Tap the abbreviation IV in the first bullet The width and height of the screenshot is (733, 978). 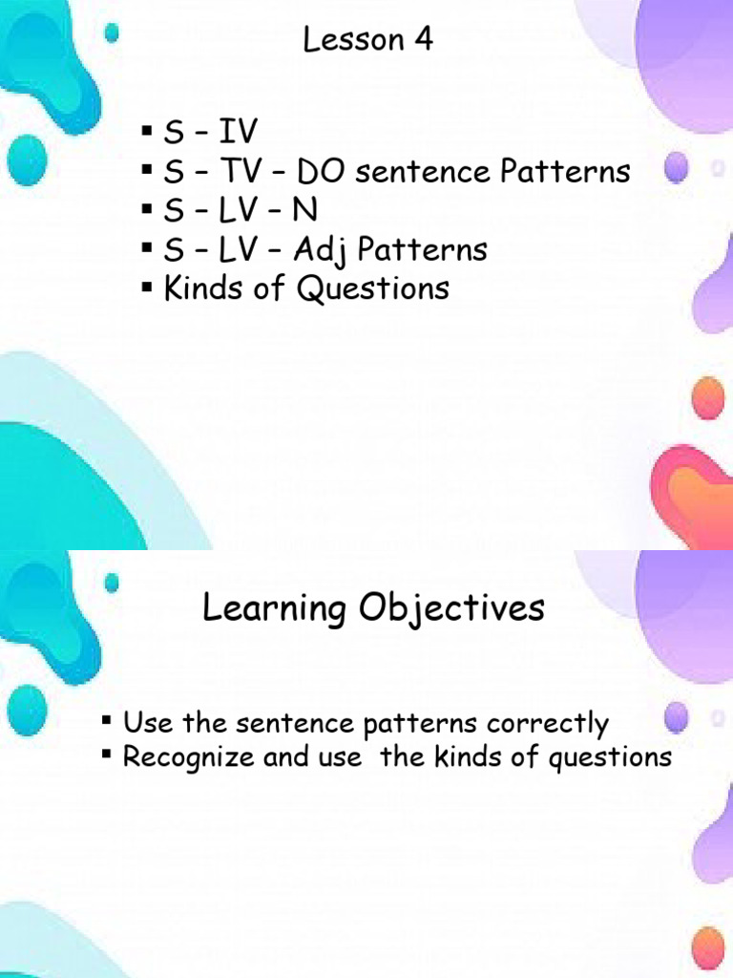(238, 133)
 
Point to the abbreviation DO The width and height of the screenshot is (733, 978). (324, 172)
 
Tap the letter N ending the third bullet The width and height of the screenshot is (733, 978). (306, 211)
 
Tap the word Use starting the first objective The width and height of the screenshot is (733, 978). (146, 724)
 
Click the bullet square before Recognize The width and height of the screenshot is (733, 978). (108, 755)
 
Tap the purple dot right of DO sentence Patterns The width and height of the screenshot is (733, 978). (677, 170)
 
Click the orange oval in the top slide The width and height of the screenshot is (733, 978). (707, 396)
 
